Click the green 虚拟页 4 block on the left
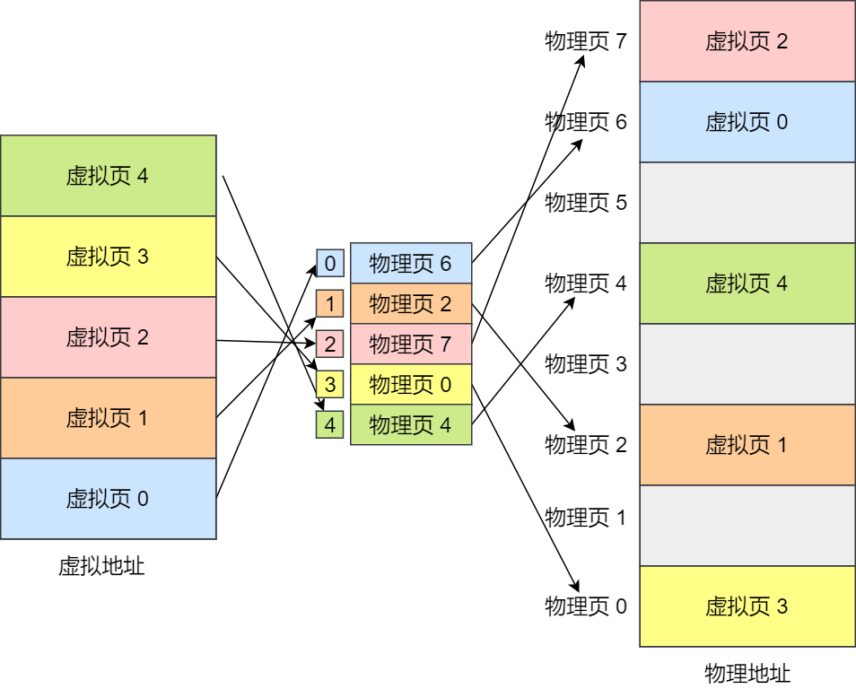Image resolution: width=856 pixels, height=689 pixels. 108,176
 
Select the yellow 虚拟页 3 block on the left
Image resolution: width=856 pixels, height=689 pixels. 108,257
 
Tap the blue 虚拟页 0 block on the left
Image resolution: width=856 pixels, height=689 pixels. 108,499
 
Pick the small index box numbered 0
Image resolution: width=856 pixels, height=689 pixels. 329,264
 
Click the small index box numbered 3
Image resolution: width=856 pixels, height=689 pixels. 329,385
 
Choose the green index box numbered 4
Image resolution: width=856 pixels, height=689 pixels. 329,425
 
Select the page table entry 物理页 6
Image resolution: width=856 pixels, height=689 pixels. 411,264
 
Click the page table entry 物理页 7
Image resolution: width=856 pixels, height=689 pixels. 411,344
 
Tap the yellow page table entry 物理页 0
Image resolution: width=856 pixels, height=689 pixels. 411,385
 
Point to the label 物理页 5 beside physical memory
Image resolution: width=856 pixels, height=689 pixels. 586,203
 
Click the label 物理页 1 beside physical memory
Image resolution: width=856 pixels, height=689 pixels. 586,518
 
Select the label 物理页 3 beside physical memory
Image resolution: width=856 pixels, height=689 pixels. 586,364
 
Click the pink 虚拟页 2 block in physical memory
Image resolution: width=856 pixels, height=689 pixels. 747,41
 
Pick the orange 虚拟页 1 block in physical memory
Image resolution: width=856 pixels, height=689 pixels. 747,445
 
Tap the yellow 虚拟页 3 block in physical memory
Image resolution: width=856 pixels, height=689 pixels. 747,606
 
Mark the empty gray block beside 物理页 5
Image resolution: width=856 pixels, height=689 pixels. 747,203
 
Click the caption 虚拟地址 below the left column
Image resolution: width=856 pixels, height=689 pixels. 101,566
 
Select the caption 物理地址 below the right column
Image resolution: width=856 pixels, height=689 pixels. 747,674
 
